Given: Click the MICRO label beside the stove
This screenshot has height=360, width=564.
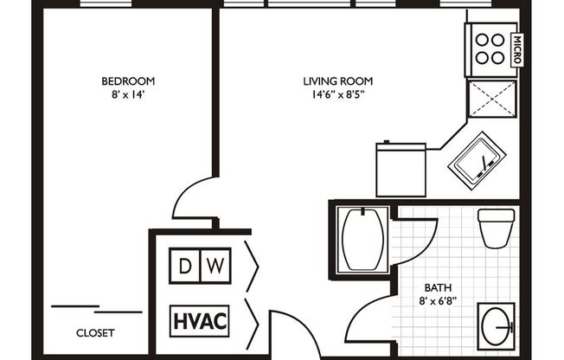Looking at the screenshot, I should pyautogui.click(x=516, y=51).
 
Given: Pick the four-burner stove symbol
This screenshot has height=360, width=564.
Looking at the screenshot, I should pyautogui.click(x=490, y=49).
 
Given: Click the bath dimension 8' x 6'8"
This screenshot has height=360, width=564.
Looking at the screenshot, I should pyautogui.click(x=437, y=302).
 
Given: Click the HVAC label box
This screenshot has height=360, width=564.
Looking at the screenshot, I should pyautogui.click(x=200, y=320).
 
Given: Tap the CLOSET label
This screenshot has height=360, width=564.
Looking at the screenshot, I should pyautogui.click(x=96, y=332).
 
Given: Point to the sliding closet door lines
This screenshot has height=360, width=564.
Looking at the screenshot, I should pyautogui.click(x=96, y=308).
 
